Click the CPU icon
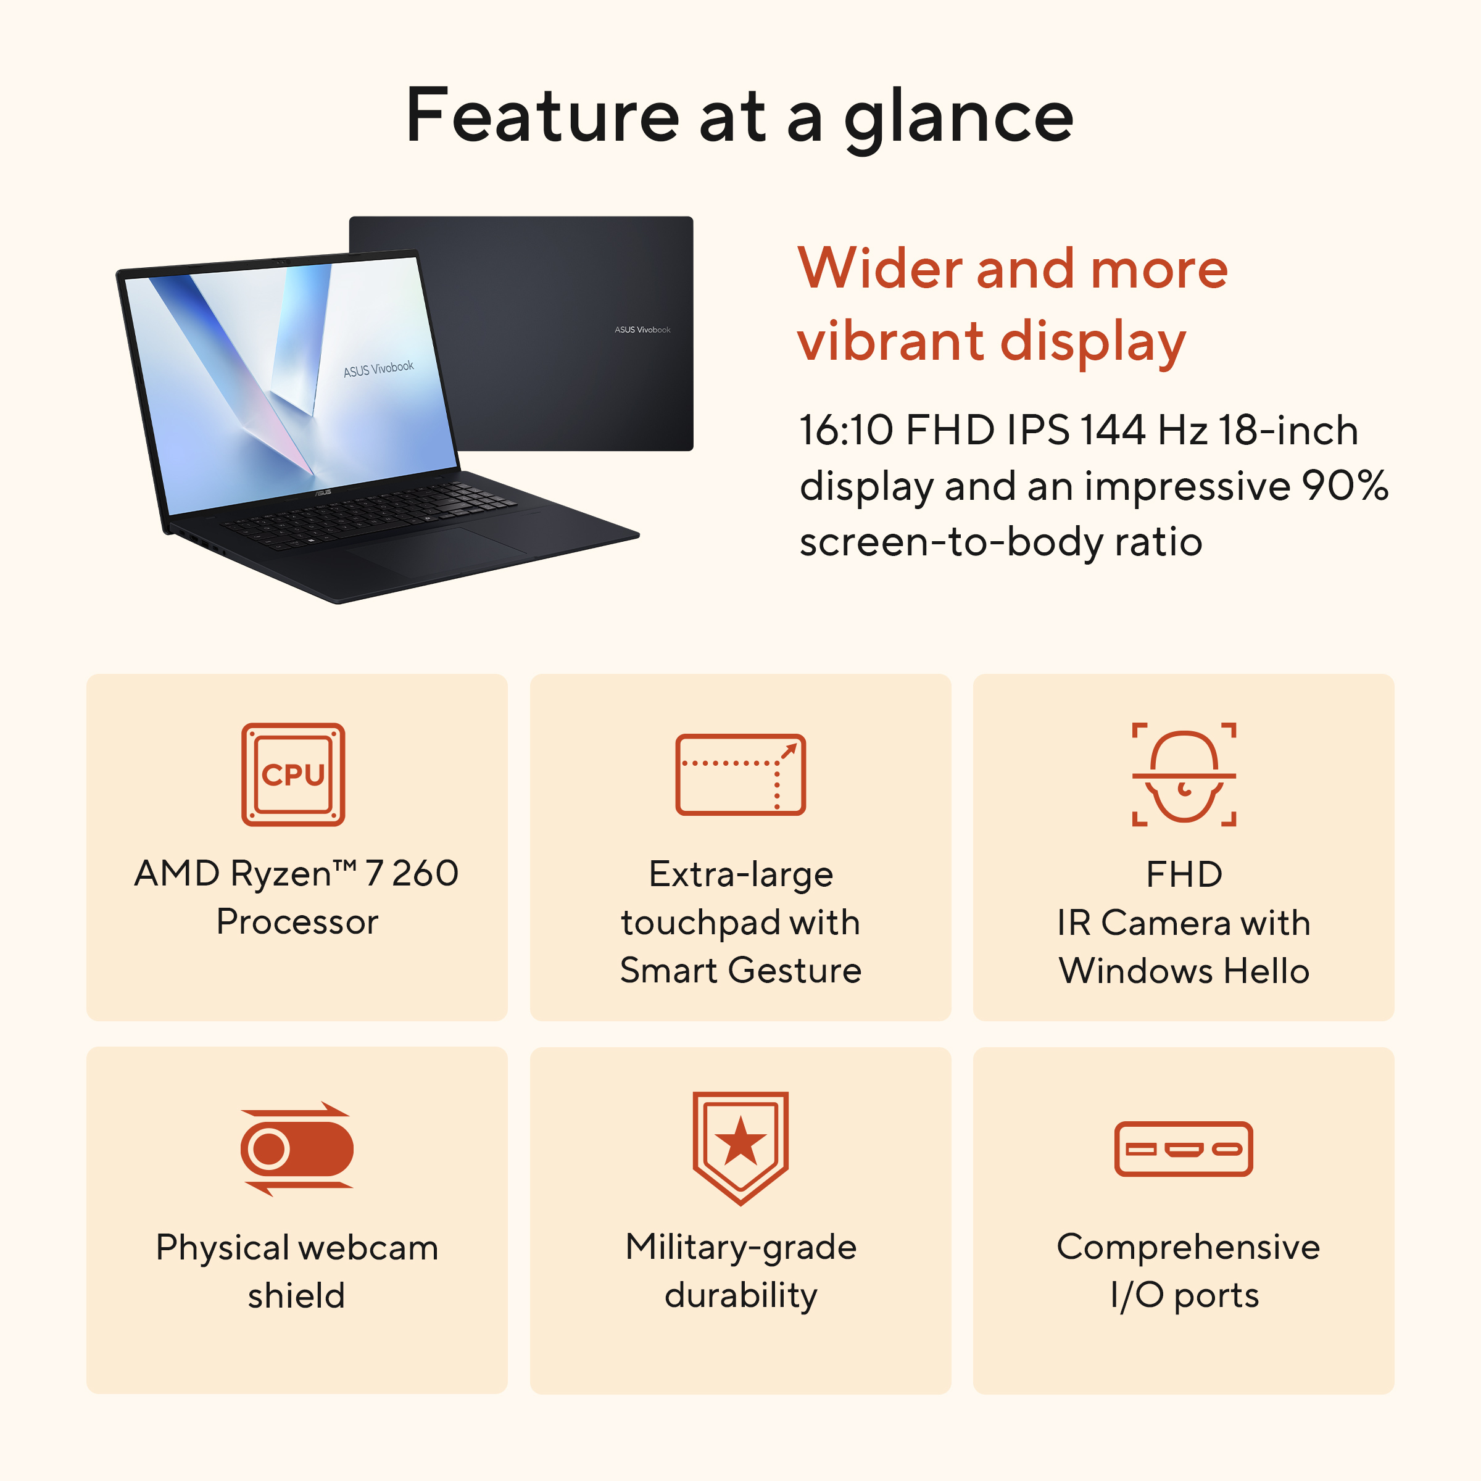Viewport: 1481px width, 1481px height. (293, 774)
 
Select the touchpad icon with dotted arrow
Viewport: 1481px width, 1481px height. (740, 774)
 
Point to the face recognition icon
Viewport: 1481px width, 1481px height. (1184, 774)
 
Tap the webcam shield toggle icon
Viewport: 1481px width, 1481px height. (297, 1149)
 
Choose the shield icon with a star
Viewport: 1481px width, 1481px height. (740, 1148)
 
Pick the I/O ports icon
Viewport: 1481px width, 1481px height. (1184, 1149)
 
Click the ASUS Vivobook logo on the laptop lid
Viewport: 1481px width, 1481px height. (642, 330)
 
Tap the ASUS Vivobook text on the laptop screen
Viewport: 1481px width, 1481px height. (379, 369)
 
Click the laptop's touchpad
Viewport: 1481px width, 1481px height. (438, 548)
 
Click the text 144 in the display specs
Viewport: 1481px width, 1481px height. (1113, 430)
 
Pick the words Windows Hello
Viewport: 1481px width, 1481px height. (1184, 971)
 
